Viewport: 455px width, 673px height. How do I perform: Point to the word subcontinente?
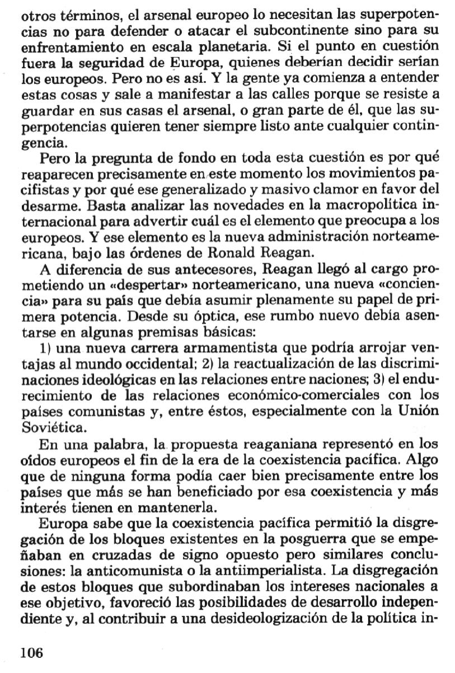point(271,28)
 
